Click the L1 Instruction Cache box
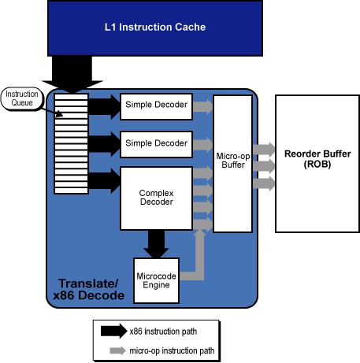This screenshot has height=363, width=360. [155, 28]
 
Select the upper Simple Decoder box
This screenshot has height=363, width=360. [156, 106]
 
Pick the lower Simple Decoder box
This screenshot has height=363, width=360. [156, 144]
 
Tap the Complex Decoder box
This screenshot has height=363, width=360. [156, 198]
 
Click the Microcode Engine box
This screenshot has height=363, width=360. [156, 280]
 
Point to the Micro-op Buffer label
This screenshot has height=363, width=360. [233, 161]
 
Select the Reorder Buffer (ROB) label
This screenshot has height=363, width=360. [317, 159]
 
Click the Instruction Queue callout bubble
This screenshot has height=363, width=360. [22, 98]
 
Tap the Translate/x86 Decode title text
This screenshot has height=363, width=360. [89, 289]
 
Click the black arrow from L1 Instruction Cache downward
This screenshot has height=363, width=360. [72, 75]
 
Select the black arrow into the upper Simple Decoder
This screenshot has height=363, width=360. [104, 106]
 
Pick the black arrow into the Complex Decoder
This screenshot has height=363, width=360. [104, 181]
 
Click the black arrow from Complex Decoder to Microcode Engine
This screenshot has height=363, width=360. [156, 244]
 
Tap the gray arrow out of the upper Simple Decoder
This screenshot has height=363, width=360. [202, 106]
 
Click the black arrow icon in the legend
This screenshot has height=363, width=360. [114, 331]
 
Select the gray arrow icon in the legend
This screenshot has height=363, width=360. [117, 350]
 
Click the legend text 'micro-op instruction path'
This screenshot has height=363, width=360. [172, 351]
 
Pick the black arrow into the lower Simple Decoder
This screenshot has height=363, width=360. [104, 144]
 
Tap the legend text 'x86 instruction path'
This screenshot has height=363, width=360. [163, 332]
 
